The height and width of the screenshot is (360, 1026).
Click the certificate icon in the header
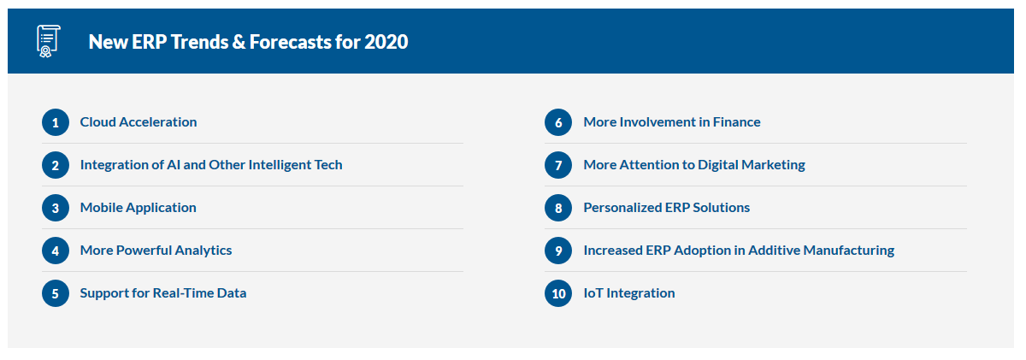click(48, 41)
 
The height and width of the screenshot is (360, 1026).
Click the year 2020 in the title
click(386, 42)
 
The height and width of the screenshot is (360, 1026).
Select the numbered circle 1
click(56, 122)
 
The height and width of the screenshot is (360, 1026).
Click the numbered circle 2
click(56, 165)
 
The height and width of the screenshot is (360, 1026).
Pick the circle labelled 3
click(56, 208)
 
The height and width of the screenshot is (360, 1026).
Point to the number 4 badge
click(56, 251)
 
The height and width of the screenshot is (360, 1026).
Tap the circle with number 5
click(56, 293)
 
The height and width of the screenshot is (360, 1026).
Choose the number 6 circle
click(558, 122)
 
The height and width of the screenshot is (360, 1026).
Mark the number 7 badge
click(558, 165)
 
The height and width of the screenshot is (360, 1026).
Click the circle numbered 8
click(558, 208)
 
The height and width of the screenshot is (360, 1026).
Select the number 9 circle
click(558, 251)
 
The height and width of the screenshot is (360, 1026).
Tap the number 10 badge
click(558, 293)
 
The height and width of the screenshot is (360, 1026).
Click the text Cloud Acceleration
click(139, 121)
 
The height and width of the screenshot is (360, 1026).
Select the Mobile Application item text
click(138, 208)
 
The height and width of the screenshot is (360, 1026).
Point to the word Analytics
click(203, 251)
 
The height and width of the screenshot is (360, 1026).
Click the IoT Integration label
click(629, 293)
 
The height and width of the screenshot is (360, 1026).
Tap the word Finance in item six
click(736, 121)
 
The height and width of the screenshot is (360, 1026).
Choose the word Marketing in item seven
click(773, 165)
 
